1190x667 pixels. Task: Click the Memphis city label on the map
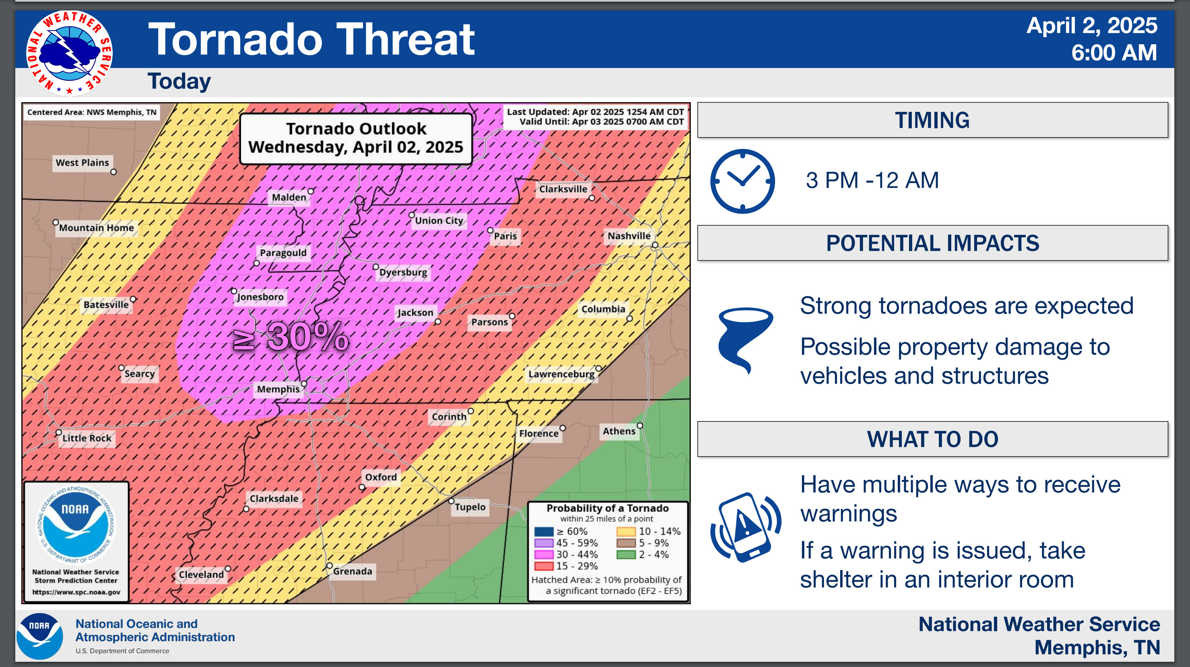tap(278, 389)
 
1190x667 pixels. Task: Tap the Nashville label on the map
tap(629, 236)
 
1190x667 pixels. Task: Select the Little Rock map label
tap(87, 438)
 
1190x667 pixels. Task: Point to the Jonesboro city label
tap(260, 297)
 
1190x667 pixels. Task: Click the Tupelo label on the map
tap(470, 507)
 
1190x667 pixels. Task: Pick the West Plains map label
tap(82, 163)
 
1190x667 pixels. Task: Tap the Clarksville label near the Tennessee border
tap(563, 189)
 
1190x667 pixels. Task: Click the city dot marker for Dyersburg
tap(376, 267)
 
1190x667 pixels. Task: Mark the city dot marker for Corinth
tap(470, 411)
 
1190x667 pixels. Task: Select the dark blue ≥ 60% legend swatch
tap(544, 532)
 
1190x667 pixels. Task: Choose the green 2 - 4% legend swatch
tap(626, 554)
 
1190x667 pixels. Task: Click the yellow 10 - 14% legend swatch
tap(626, 532)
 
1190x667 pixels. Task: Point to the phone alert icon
tap(745, 527)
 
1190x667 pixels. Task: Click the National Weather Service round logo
tap(69, 53)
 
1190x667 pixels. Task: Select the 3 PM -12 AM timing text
tap(872, 180)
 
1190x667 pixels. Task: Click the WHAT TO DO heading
tap(932, 439)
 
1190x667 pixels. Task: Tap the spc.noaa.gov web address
tap(76, 592)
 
